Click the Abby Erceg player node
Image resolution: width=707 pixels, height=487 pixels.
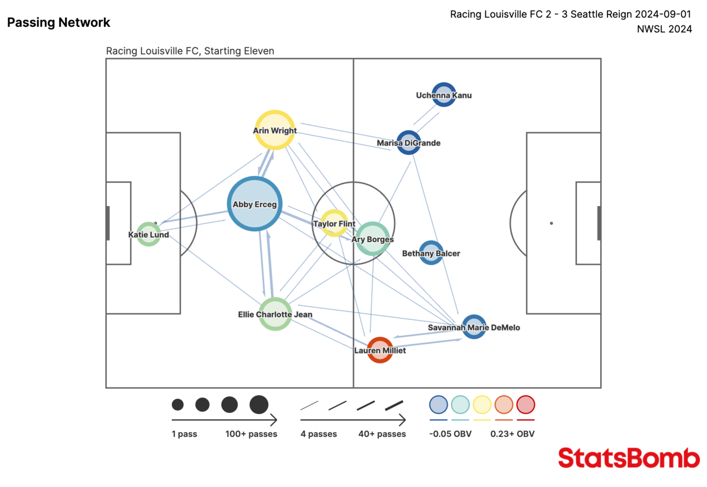coord(254,204)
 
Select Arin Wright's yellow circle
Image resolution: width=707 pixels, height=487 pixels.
coord(275,130)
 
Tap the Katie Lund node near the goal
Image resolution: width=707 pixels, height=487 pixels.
coord(148,234)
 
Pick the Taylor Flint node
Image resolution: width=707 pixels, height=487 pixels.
coord(333,223)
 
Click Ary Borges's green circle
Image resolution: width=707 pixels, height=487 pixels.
coord(372,239)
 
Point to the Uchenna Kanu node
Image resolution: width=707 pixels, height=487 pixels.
coord(443,95)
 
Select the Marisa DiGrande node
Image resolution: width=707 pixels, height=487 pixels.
coord(408,143)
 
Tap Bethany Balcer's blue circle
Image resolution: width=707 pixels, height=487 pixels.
coord(431,253)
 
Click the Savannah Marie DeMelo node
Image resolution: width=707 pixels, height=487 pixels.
coord(474,327)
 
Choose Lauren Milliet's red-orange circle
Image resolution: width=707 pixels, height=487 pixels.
coord(380,350)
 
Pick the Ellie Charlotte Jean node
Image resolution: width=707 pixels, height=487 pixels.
coord(275,314)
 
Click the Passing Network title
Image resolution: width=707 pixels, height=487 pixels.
coord(59,22)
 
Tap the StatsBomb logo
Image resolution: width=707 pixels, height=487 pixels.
coord(629,458)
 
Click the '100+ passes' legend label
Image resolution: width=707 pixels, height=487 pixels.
coord(251,434)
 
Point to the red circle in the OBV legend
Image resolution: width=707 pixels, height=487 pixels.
coord(525,405)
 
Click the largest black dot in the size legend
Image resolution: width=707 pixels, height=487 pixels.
coord(259,404)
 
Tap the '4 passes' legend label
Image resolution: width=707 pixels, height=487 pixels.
coord(318,434)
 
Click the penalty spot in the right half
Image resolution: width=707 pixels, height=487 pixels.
coord(551,223)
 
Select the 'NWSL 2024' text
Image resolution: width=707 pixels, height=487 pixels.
coord(664,29)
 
